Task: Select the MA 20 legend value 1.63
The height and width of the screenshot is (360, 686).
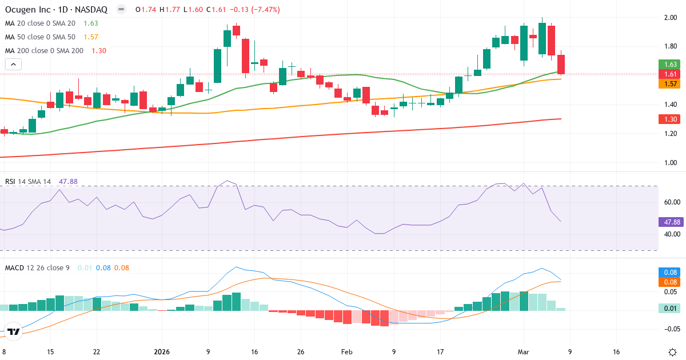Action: pos(91,23)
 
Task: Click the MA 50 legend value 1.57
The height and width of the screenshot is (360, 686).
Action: pos(91,37)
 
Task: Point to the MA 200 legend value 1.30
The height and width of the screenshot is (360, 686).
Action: pos(99,51)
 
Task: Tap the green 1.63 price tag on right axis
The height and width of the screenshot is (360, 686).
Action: pos(672,65)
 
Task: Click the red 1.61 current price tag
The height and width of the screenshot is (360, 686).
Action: pos(672,74)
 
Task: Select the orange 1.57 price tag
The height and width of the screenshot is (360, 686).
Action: pos(672,84)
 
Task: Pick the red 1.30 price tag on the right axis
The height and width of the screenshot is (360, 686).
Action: pos(672,119)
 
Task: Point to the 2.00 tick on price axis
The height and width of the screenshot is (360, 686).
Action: pos(671,18)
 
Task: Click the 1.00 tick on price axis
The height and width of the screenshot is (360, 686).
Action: pos(671,162)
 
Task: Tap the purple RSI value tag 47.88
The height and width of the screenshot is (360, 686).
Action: pos(672,222)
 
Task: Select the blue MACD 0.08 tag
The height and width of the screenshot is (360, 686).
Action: pos(672,273)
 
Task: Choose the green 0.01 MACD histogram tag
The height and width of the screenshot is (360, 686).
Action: pos(672,309)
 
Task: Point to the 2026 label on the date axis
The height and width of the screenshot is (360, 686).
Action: pos(163,352)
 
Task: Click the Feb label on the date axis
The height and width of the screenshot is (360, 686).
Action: pos(348,352)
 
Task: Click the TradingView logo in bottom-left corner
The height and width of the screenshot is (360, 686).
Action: pos(14,331)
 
